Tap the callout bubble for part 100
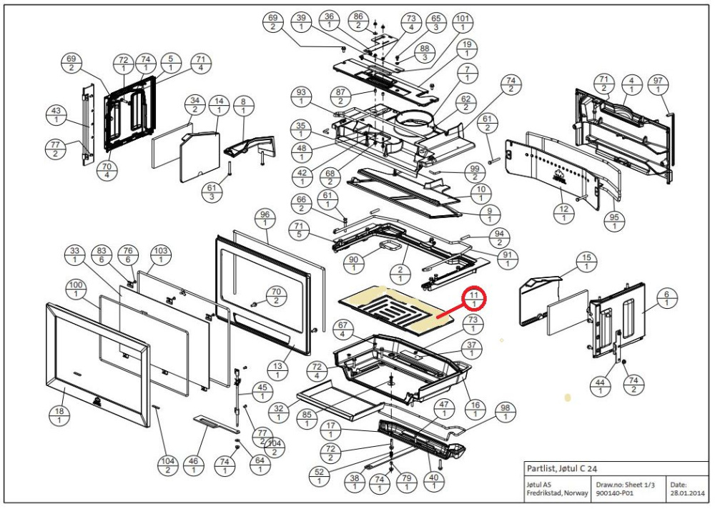pos(75,290)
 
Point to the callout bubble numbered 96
pos(265,219)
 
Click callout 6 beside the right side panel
pos(666,298)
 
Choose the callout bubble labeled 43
pos(54,116)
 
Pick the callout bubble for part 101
pos(463,22)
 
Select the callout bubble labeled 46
pos(193,465)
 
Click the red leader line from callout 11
pos(448,312)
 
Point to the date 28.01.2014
pos(687,493)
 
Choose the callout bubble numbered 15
pos(586,262)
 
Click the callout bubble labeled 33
pos(75,255)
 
